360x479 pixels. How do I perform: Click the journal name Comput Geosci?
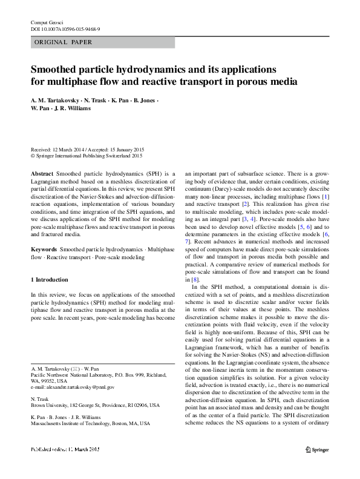[47, 22]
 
